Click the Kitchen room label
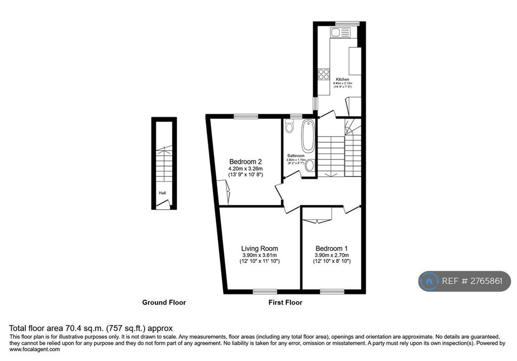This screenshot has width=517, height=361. tap(342, 80)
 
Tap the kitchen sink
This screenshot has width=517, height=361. tap(340, 33)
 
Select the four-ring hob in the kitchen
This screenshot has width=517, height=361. tap(324, 74)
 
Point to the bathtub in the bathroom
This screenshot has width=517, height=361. tap(308, 132)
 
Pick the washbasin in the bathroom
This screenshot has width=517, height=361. tap(310, 165)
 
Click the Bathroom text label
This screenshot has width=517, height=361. tap(296, 156)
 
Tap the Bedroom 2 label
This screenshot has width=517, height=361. tap(245, 161)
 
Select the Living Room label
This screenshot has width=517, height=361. tap(260, 249)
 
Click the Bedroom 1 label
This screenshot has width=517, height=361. tap(332, 249)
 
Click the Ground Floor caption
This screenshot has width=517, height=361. tap(164, 303)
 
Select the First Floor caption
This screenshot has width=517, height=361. tap(285, 303)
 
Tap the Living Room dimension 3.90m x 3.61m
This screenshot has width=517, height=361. tap(260, 255)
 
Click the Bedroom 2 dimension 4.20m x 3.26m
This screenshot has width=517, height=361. tap(245, 168)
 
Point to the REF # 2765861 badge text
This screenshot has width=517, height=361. tap(472, 281)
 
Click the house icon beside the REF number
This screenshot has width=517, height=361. tap(429, 281)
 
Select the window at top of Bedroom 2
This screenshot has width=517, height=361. tap(246, 116)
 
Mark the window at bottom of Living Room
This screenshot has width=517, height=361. tap(265, 291)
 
